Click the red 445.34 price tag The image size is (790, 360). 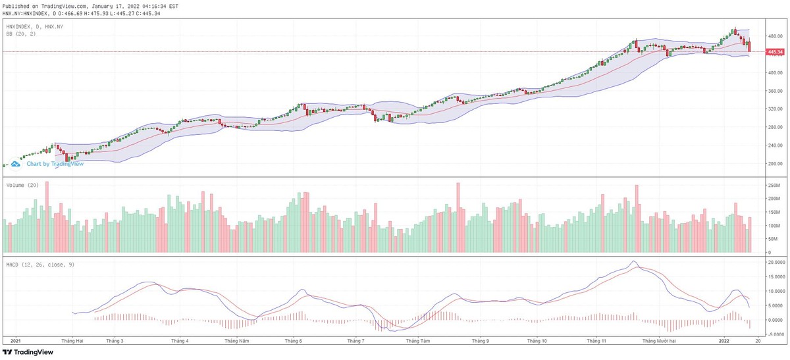coord(775,51)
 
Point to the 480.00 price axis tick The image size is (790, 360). coord(774,36)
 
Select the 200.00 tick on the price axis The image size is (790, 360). coord(774,164)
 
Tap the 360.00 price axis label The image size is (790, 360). coord(774,91)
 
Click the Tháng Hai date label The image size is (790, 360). coord(72,341)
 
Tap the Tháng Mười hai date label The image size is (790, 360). coord(661,341)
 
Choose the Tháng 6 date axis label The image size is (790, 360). coord(293,341)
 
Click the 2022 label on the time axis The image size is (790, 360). coord(724,341)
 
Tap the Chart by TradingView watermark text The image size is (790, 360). coord(55,164)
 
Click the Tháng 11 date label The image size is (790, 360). coord(597,341)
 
